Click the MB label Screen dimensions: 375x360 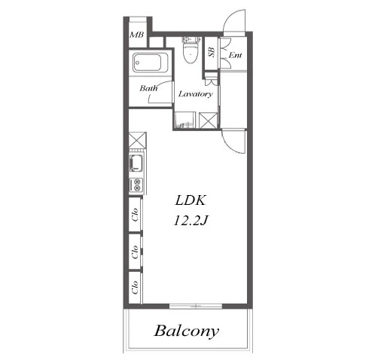coord(137,35)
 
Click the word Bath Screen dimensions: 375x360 coord(149,88)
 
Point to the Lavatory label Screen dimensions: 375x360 coord(196,94)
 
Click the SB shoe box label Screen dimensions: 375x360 coord(211,52)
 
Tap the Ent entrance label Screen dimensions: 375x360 coord(235,55)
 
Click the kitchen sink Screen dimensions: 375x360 coord(136,163)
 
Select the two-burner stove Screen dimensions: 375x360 coord(136,185)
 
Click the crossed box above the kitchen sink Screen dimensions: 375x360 coord(137,140)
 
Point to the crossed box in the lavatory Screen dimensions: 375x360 coord(209,121)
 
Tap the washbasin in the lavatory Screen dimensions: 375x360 coord(184,121)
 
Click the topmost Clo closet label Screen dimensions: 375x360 coord(135,215)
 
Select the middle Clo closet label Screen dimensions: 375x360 coord(135,252)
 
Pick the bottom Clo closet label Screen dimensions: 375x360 coord(135,287)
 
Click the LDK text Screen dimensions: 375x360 coord(191,200)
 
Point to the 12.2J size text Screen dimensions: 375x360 coord(191,221)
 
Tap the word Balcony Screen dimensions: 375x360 coord(187,331)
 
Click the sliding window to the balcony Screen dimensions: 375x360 coord(196,306)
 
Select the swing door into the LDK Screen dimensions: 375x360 coord(233,141)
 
